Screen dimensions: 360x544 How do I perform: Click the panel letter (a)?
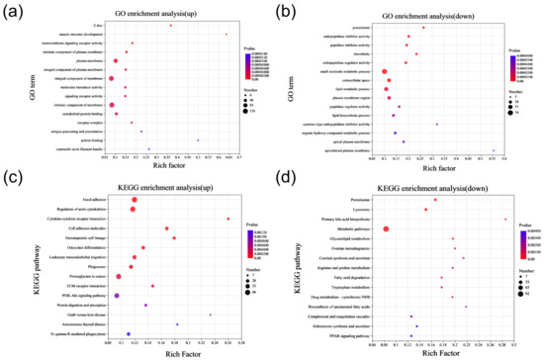[x=14, y=11]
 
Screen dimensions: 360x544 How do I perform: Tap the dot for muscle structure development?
[x=227, y=35]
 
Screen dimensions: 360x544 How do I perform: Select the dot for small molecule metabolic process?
[x=384, y=71]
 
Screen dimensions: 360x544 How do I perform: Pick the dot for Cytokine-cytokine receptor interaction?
[x=228, y=219]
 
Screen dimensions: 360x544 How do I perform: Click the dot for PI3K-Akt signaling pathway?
[x=118, y=295]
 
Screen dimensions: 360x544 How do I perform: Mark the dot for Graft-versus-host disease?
[x=211, y=315]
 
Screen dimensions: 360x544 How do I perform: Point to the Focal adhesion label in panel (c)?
[x=94, y=200]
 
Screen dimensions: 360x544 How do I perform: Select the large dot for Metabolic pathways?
[x=387, y=228]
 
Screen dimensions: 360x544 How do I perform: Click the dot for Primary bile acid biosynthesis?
[x=505, y=219]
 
